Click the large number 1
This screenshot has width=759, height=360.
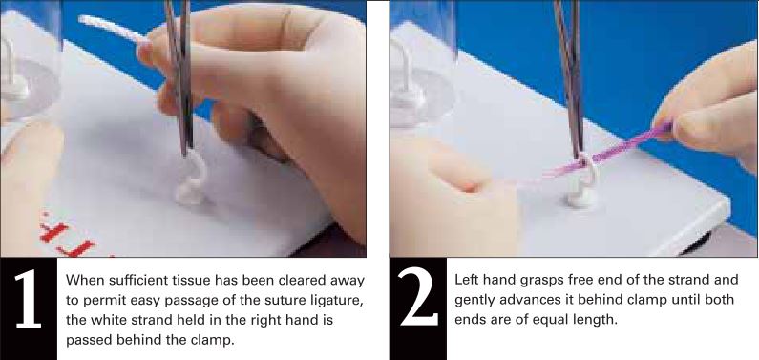coord(29,309)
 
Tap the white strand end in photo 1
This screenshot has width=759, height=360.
coord(91,20)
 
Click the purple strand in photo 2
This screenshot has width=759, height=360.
coord(630,143)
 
